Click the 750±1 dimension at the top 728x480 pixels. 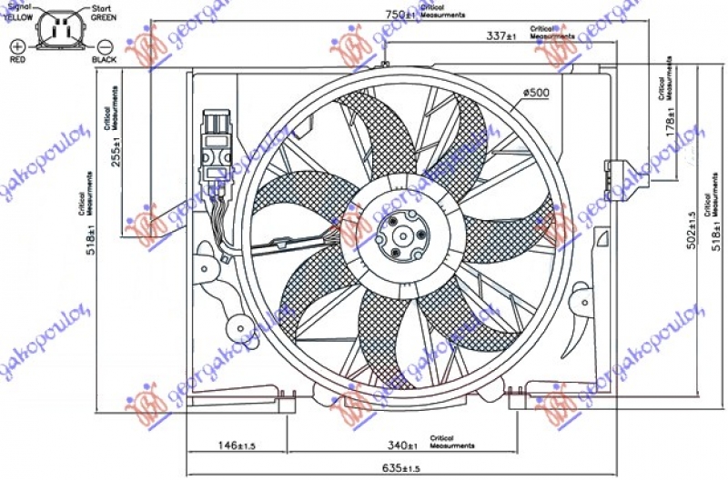click(398, 15)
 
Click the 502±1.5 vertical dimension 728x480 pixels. click(692, 233)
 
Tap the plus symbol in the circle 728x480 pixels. click(16, 45)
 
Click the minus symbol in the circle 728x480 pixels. click(105, 45)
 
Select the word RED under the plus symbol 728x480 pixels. click(16, 60)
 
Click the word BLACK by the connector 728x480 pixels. click(105, 60)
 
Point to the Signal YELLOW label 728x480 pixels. click(21, 11)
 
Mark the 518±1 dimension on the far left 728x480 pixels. click(93, 235)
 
